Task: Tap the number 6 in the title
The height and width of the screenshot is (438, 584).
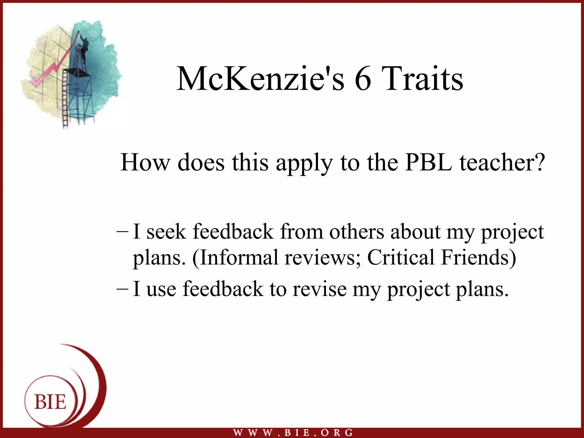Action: tap(363, 79)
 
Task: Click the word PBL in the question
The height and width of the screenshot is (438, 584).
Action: tap(429, 163)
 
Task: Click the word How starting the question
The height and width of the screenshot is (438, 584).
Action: tap(145, 163)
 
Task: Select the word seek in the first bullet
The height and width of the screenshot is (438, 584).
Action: tap(166, 232)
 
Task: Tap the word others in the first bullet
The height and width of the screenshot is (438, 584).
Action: tap(356, 232)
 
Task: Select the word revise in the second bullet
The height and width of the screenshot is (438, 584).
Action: tap(319, 289)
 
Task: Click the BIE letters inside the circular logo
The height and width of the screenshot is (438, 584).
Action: tap(50, 402)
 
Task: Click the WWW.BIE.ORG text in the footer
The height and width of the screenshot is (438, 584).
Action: tap(293, 433)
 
